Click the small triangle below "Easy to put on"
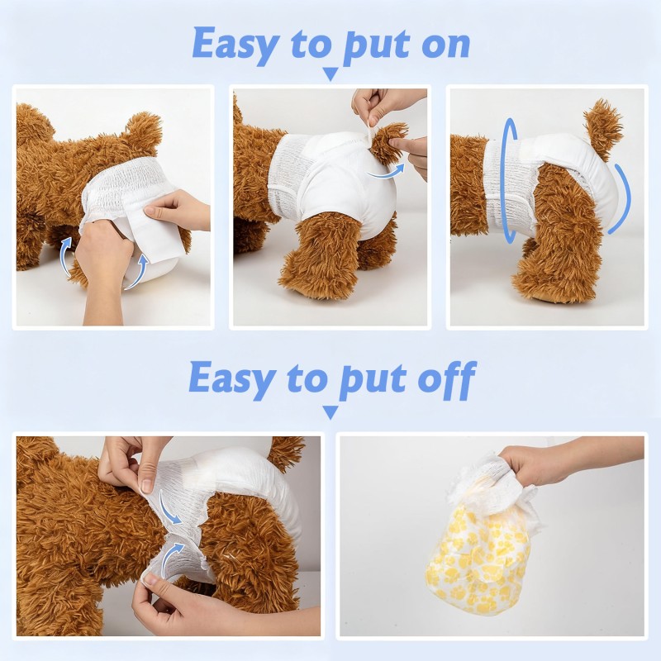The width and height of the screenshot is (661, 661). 330,74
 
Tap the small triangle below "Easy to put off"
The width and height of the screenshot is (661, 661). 330,411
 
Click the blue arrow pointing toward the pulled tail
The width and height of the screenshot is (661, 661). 383,172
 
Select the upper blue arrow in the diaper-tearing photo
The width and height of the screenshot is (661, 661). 170,511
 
